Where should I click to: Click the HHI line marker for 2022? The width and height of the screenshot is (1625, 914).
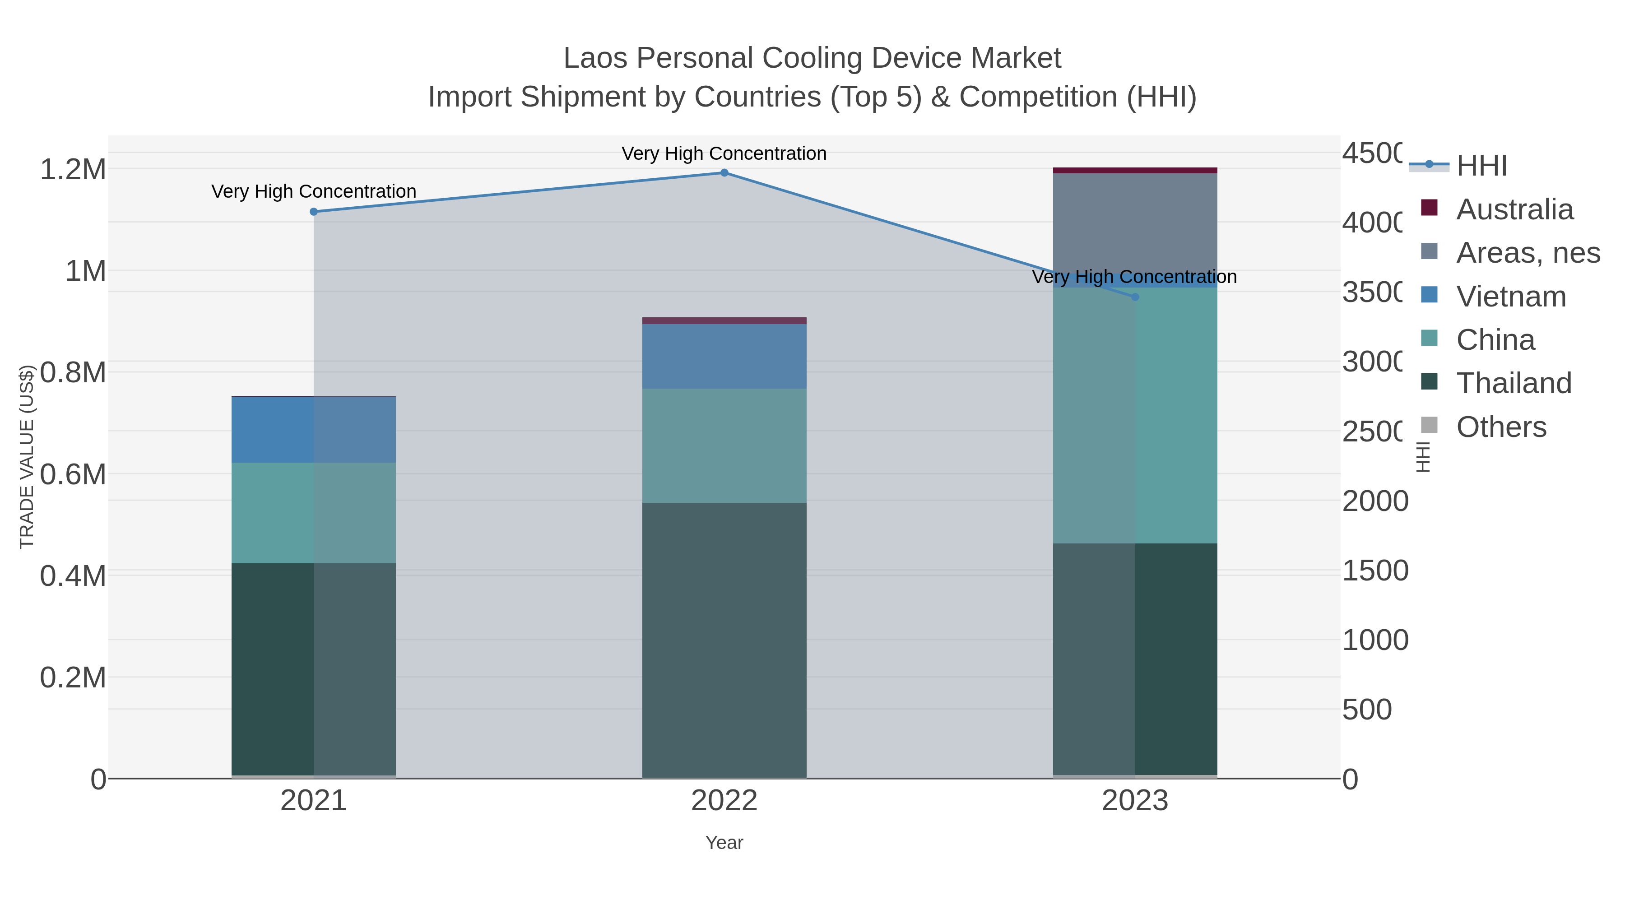coord(724,173)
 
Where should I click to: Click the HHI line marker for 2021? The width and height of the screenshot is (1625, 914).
coord(314,212)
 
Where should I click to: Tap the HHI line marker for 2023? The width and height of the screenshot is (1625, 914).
coord(1135,297)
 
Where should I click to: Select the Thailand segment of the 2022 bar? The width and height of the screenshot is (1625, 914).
coord(724,640)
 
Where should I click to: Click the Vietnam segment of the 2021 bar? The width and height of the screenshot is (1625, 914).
coord(314,430)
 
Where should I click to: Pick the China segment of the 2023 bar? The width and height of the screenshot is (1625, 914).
coord(1135,416)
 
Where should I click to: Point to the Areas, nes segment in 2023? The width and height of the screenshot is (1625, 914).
coord(1135,221)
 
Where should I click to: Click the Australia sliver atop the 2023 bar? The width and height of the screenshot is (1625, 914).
coord(1135,170)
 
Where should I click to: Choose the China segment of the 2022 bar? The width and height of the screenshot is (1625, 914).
coord(724,445)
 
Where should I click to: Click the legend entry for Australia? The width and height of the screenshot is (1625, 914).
coord(1514,209)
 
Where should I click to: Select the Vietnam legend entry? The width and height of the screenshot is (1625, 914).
coord(1511,297)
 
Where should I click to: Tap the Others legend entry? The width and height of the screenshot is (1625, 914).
coord(1501,427)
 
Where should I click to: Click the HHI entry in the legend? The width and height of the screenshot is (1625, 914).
coord(1481,166)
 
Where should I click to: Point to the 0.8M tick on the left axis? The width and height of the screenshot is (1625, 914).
coord(73,372)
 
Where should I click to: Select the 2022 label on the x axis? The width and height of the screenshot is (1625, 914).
coord(724,801)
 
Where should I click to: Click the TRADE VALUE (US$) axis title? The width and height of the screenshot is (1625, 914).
coord(27,457)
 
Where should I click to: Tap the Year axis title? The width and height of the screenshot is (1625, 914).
coord(724,843)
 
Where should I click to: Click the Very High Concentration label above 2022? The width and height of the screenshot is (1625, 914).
coord(724,153)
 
